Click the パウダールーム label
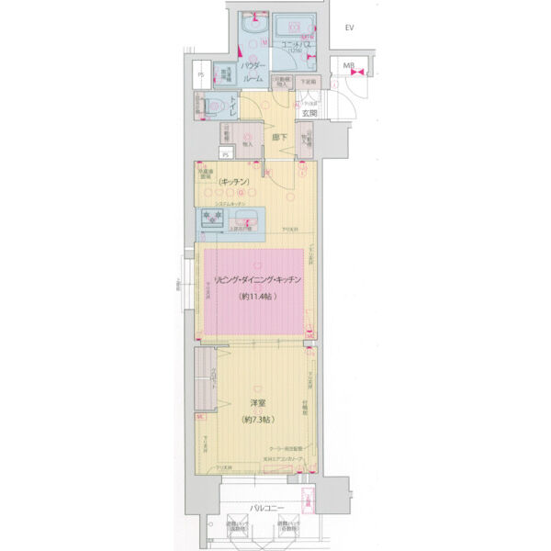tap(254, 73)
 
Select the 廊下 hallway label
tap(280, 138)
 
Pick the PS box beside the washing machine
tap(200, 75)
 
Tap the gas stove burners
tap(213, 219)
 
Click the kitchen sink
tap(245, 219)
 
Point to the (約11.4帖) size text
tap(252, 297)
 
